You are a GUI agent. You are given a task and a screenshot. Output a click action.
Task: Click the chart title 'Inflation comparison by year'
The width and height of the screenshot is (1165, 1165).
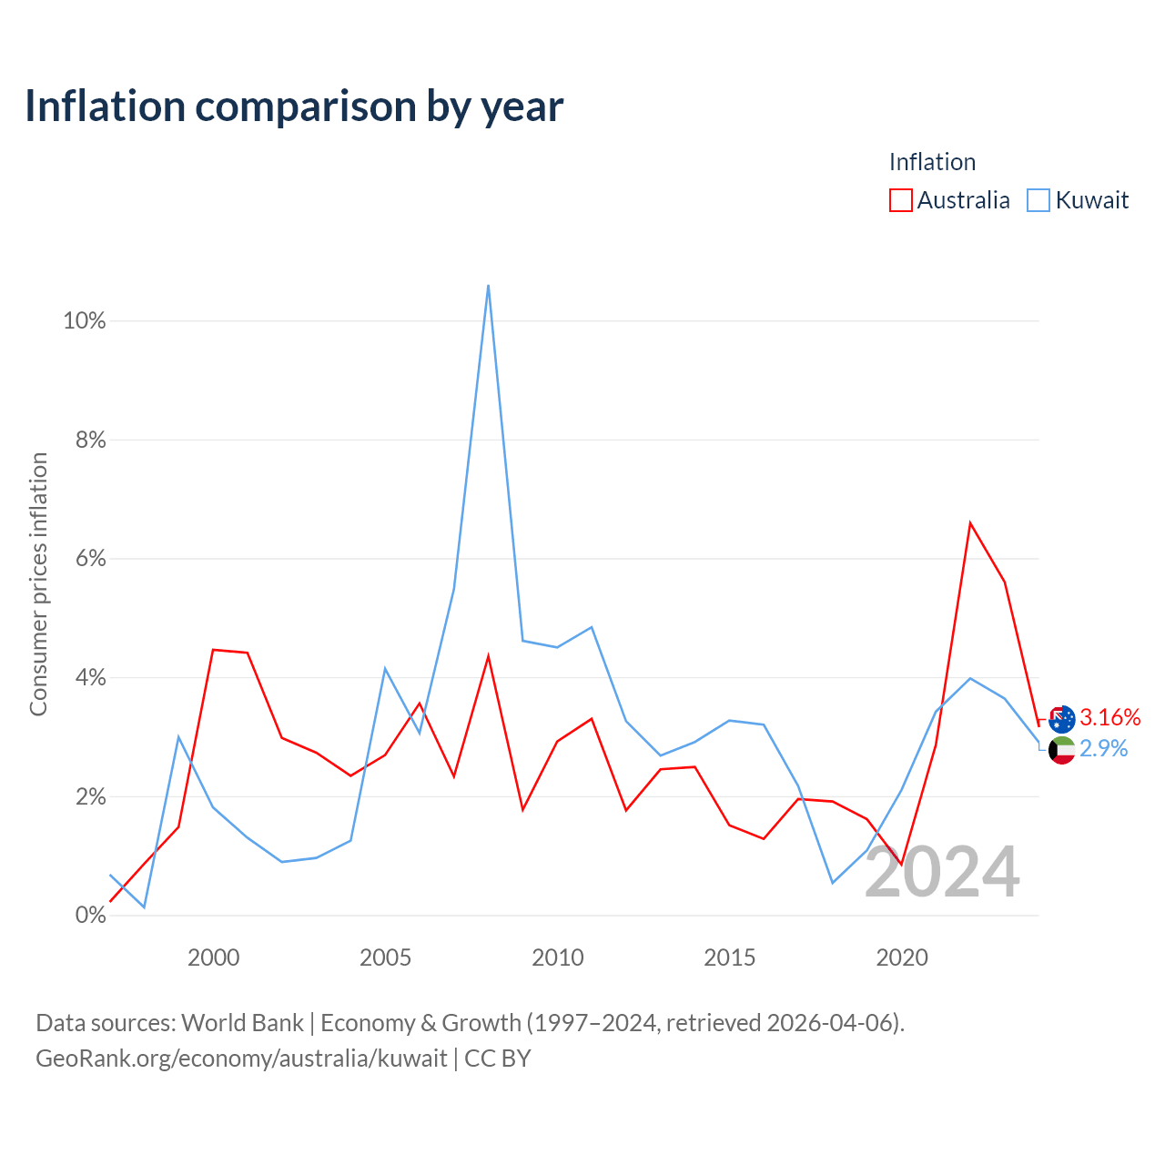pyautogui.click(x=294, y=106)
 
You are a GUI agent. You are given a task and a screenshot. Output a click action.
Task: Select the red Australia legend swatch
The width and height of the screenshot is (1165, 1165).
pyautogui.click(x=900, y=200)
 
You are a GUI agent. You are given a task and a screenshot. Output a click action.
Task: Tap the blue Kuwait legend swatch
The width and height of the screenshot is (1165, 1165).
pyautogui.click(x=1038, y=200)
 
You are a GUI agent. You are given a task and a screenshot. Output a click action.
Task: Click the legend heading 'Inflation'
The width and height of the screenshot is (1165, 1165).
pyautogui.click(x=932, y=162)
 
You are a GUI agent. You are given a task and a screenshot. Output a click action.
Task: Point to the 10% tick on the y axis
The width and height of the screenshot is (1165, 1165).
pyautogui.click(x=85, y=321)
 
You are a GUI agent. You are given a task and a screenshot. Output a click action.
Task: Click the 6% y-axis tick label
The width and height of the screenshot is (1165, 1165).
pyautogui.click(x=91, y=559)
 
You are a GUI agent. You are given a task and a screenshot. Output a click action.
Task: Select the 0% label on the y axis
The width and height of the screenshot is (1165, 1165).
pyautogui.click(x=91, y=916)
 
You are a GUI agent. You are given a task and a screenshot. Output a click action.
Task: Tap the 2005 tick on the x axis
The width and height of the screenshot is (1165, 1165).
pyautogui.click(x=385, y=957)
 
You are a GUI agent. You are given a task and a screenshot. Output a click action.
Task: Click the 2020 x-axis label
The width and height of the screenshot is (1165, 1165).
pyautogui.click(x=902, y=957)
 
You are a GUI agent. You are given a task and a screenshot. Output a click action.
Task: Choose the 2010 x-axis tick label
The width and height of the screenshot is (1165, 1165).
pyautogui.click(x=557, y=957)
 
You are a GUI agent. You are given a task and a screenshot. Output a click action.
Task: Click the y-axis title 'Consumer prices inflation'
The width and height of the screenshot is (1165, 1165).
pyautogui.click(x=38, y=584)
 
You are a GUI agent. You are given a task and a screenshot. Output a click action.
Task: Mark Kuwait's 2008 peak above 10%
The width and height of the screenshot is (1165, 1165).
pyautogui.click(x=488, y=286)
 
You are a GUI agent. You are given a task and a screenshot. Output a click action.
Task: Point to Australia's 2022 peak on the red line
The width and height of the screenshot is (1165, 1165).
pyautogui.click(x=970, y=522)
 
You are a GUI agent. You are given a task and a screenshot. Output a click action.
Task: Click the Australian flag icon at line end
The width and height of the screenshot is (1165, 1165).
pyautogui.click(x=1061, y=719)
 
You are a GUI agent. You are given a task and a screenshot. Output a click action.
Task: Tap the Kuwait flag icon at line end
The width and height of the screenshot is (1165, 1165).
pyautogui.click(x=1061, y=751)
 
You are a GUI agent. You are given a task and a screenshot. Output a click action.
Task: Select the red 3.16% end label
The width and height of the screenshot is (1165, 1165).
pyautogui.click(x=1110, y=717)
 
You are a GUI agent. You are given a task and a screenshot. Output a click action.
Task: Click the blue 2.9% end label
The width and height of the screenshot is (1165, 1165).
pyautogui.click(x=1103, y=749)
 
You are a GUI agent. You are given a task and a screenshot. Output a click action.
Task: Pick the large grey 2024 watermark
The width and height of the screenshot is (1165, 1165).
pyautogui.click(x=943, y=872)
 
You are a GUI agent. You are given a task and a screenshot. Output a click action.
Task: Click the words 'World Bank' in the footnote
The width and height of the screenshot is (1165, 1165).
pyautogui.click(x=242, y=1023)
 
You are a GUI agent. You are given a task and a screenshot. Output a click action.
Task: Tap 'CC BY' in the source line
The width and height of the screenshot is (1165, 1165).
pyautogui.click(x=498, y=1059)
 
